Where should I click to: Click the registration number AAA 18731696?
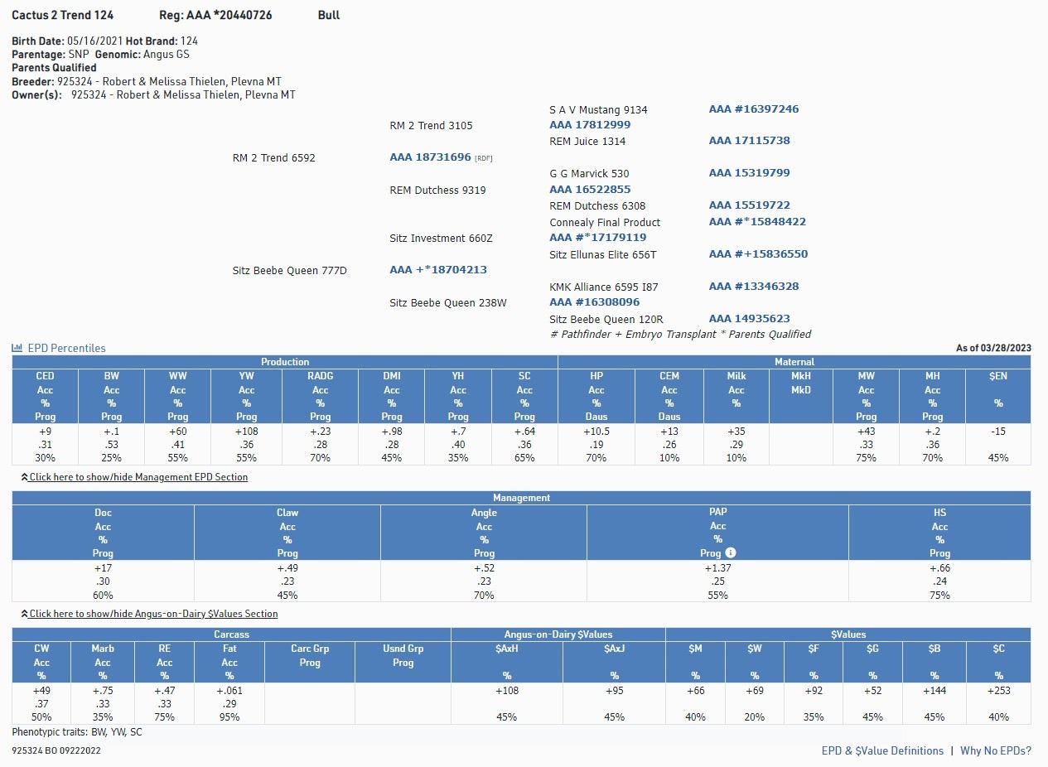point(430,157)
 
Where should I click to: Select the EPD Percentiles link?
point(66,348)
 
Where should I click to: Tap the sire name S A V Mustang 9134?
point(598,110)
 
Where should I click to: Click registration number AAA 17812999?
point(590,125)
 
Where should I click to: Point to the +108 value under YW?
point(246,432)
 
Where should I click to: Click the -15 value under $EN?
point(997,432)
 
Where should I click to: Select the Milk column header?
point(736,376)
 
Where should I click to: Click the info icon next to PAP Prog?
point(731,552)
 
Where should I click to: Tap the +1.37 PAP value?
point(717,568)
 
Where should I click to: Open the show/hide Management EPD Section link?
point(138,477)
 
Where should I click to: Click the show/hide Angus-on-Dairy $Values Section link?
point(153,614)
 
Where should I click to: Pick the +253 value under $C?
point(998,691)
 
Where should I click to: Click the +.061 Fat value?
point(229,691)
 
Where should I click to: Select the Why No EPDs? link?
point(996,750)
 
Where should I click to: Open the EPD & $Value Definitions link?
point(882,750)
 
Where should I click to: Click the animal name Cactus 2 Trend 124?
point(63,15)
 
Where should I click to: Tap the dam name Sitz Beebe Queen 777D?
point(289,271)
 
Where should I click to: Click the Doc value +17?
point(103,568)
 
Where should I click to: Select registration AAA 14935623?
point(749,319)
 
